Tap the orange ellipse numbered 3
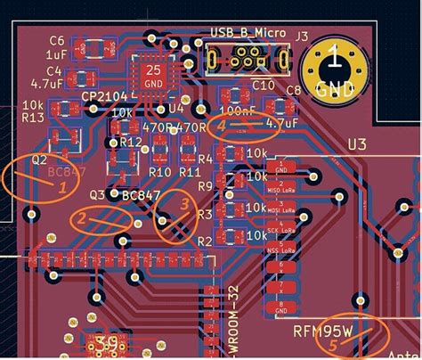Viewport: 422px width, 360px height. [x=176, y=215]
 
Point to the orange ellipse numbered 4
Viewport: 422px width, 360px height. [x=245, y=128]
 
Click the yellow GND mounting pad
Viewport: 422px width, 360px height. [x=334, y=69]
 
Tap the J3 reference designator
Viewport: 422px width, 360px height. [x=302, y=37]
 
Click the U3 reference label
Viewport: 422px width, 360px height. [x=357, y=143]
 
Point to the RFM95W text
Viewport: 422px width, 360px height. [x=324, y=330]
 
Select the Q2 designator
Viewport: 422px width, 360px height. [x=39, y=160]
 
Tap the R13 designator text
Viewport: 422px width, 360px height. [x=32, y=118]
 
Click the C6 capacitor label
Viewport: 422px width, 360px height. [x=57, y=40]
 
